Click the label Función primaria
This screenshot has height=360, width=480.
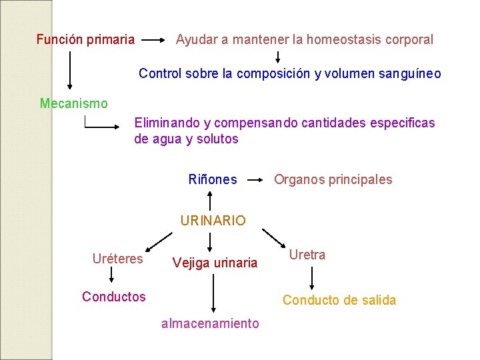point(85,39)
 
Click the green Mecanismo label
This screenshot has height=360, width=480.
point(73,103)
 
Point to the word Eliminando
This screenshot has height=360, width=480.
point(167,123)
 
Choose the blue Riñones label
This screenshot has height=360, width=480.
point(213,179)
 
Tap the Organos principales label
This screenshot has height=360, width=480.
point(333,179)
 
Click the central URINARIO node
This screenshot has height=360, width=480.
point(213,220)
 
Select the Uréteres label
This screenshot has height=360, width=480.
point(118,259)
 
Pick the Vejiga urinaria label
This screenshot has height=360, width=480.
point(215,263)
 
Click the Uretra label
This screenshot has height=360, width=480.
point(307,255)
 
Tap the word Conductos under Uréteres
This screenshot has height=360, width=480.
point(113,297)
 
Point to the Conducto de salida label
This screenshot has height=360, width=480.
point(339,300)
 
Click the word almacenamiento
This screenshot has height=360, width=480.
point(210,323)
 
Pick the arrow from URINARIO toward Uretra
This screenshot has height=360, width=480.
point(273,237)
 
